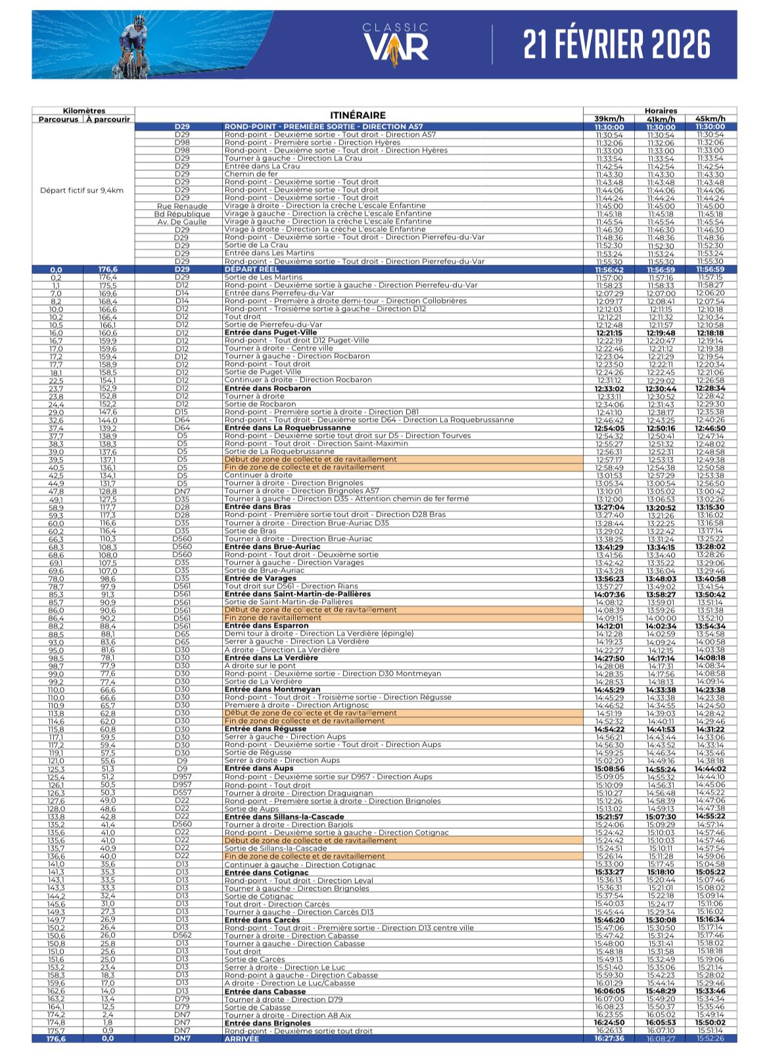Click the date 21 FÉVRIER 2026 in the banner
(617, 45)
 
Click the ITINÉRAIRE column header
(358, 115)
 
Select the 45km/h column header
(711, 119)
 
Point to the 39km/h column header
(609, 119)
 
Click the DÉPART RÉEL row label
(251, 269)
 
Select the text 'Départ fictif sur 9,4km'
(82, 190)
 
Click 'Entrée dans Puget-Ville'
(261, 333)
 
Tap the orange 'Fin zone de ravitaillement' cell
(273, 618)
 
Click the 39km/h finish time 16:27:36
(609, 1039)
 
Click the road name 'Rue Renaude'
(182, 206)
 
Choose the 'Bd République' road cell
(182, 214)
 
